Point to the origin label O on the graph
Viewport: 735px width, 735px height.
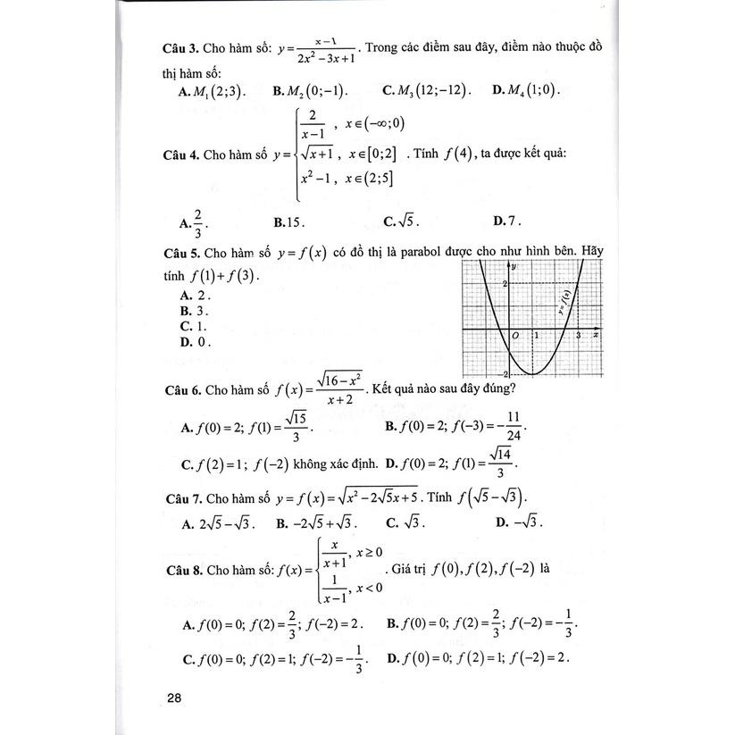coord(515,335)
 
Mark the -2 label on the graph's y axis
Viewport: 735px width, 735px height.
coord(505,372)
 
